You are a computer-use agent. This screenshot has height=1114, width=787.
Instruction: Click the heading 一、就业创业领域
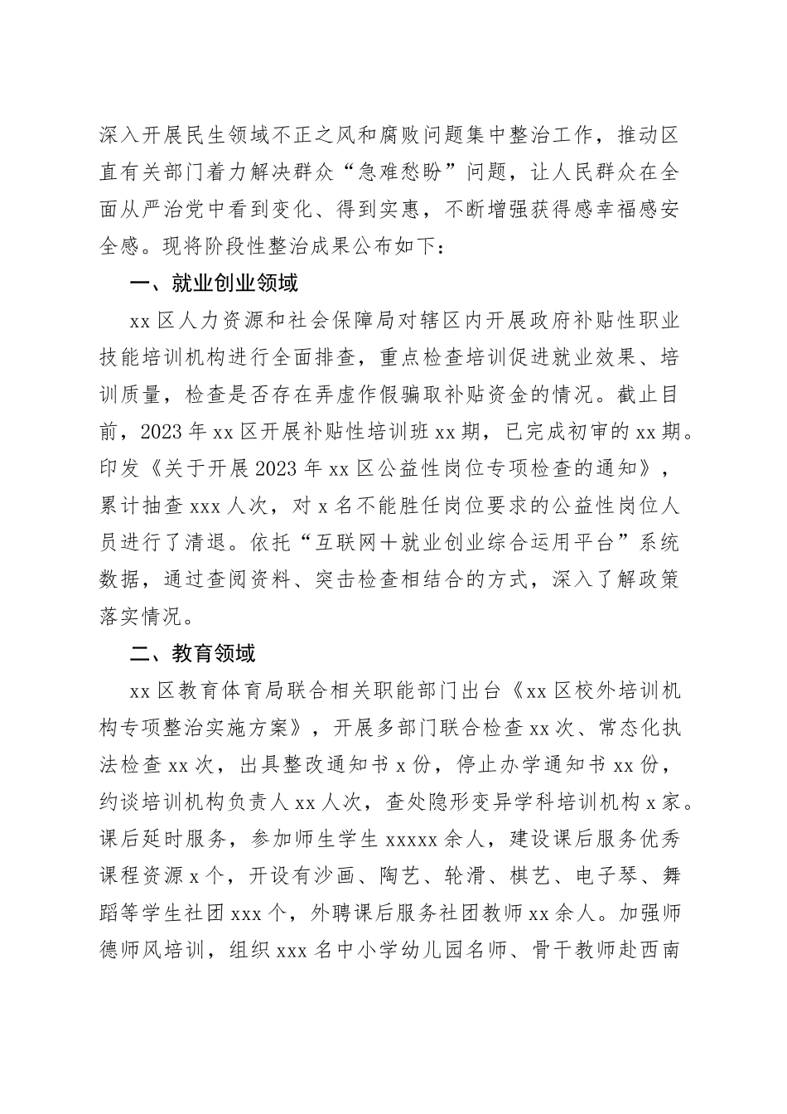[214, 284]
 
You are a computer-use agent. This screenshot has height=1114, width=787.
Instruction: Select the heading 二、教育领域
[193, 654]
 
